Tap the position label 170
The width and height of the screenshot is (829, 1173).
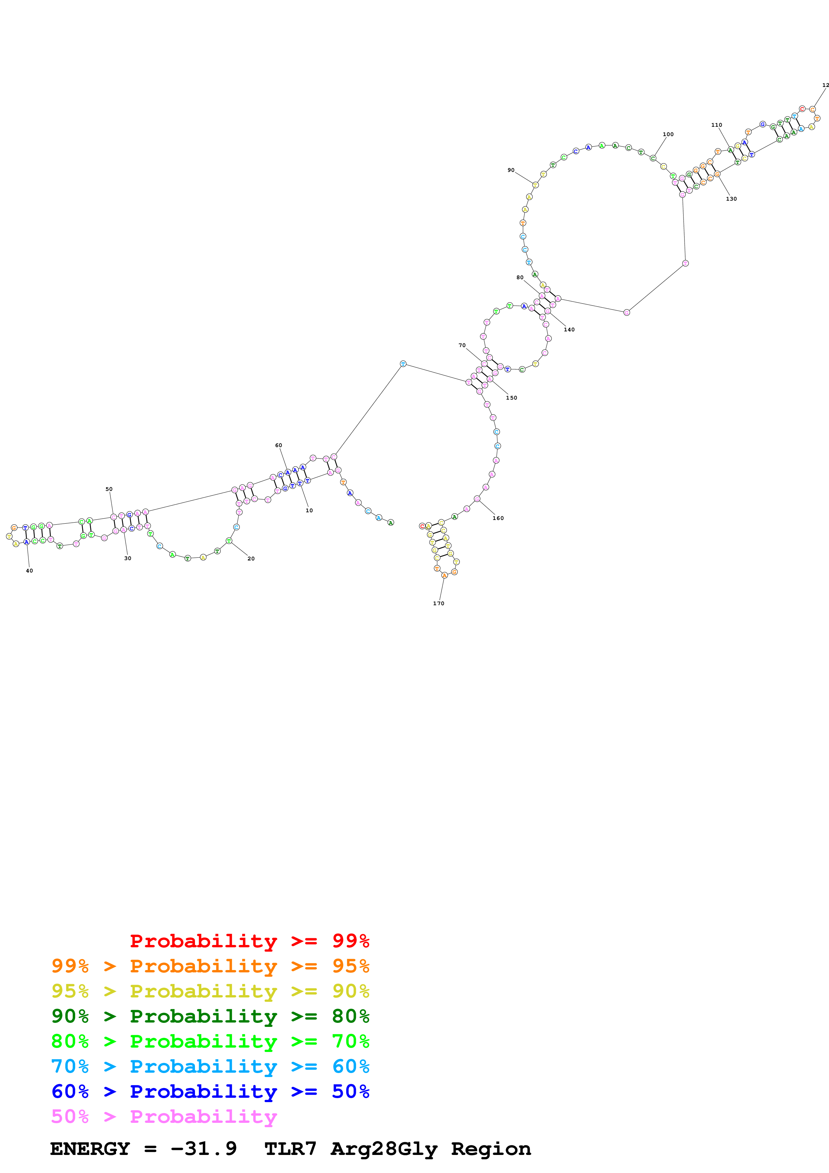pos(438,603)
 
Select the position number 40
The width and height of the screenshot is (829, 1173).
pos(29,571)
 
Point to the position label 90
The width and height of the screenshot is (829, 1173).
pos(511,170)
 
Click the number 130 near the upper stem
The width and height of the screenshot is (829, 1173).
pos(731,199)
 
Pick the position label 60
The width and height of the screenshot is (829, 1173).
pos(278,445)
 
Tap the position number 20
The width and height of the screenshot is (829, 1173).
pos(251,558)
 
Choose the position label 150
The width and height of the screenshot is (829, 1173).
pos(511,398)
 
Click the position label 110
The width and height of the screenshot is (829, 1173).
pos(717,125)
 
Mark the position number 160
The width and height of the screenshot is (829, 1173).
pos(498,518)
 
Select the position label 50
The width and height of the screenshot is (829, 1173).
pos(109,489)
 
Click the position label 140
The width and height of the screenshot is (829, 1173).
pos(569,329)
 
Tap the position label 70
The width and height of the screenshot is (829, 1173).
pos(462,345)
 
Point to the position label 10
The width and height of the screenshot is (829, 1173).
pos(309,510)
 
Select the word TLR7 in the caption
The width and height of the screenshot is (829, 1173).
pos(290,1149)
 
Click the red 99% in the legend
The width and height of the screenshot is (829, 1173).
pos(350,941)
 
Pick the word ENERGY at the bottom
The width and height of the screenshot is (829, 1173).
pos(90,1149)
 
